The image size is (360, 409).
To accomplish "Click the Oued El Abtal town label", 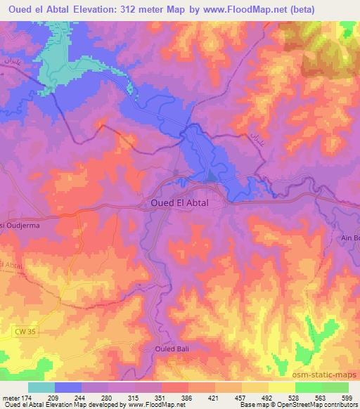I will tap(185, 203).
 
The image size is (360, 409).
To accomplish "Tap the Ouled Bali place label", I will tap(172, 348).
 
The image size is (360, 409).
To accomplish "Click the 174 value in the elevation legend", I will tap(27, 397).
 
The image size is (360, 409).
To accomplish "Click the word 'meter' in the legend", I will tap(11, 397).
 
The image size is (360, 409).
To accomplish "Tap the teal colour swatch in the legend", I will tap(41, 387).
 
